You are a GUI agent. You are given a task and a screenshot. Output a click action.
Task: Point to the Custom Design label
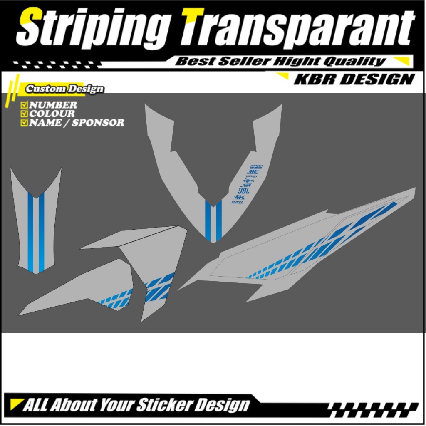point(64,89)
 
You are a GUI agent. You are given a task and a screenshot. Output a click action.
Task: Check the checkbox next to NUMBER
point(24,105)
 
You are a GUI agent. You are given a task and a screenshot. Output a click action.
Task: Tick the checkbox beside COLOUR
point(24,114)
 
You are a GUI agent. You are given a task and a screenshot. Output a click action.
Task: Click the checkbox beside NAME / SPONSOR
point(24,122)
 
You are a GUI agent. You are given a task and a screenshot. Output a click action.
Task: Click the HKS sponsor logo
point(240,197)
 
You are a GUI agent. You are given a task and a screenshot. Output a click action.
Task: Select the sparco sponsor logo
point(238,202)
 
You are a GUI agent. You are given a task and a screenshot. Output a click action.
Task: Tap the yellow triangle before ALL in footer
point(17,403)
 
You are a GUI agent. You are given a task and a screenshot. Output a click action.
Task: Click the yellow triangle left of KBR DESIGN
point(284,76)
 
